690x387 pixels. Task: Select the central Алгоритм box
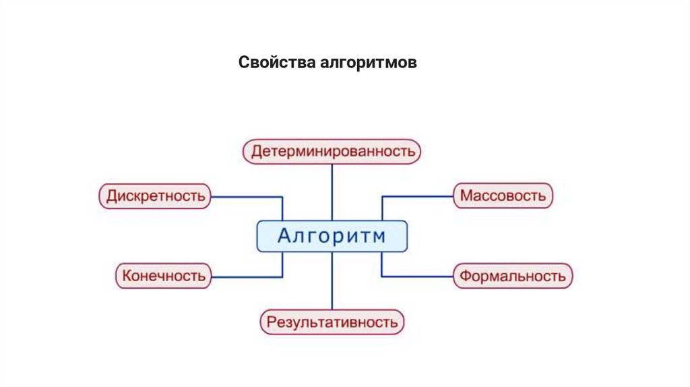[332, 237]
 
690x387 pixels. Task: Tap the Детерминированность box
[332, 151]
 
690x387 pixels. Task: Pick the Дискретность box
[155, 196]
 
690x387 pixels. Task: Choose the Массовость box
[503, 196]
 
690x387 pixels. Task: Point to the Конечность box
[163, 276]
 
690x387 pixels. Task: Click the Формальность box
[512, 276]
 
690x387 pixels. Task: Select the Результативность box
[332, 322]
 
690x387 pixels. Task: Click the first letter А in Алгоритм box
[285, 237]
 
